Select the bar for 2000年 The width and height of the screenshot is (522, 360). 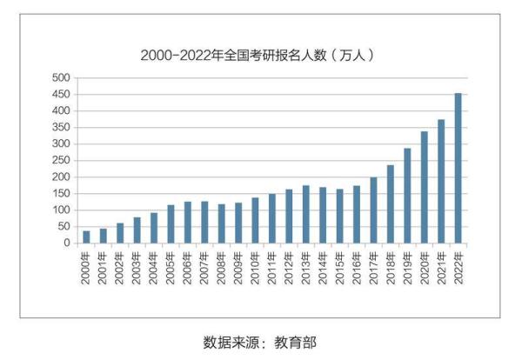click(86, 237)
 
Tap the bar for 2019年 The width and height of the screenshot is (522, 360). click(407, 196)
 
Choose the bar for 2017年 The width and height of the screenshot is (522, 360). click(373, 210)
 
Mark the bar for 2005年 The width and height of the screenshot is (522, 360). click(171, 223)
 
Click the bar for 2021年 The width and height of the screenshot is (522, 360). click(441, 181)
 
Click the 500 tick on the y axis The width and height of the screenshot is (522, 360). click(60, 78)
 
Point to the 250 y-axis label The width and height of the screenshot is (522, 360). click(60, 161)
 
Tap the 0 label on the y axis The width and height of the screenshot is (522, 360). click(66, 243)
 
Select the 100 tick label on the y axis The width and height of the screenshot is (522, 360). click(60, 210)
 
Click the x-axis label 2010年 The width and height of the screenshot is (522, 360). click(255, 264)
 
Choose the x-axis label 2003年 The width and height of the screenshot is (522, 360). click(137, 264)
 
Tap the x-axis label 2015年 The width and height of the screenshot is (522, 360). click(339, 264)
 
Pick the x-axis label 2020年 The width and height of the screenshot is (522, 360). click(424, 264)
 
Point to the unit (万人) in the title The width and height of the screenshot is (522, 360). click(354, 55)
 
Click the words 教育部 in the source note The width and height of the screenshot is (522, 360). click(298, 342)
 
